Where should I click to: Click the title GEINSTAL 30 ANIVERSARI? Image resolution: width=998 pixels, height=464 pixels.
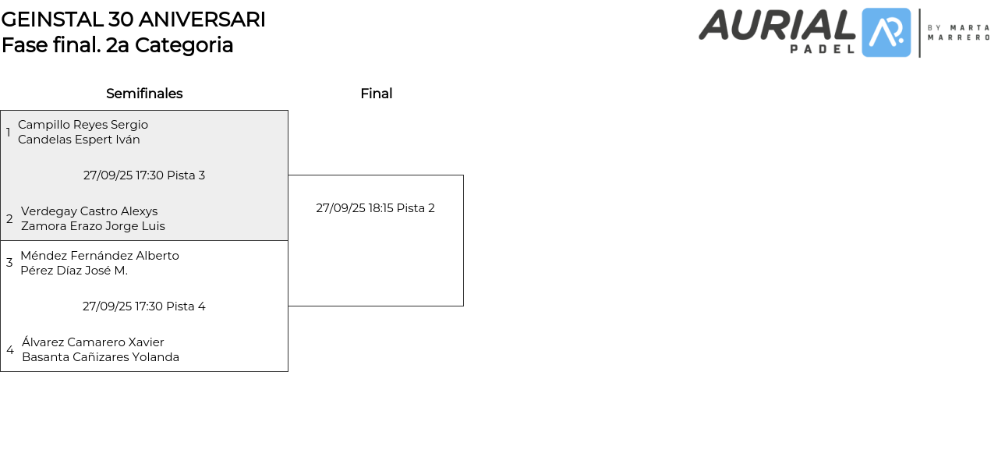133,19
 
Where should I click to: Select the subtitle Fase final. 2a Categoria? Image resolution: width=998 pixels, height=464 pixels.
117,45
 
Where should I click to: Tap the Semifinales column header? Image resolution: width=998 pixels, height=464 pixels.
144,94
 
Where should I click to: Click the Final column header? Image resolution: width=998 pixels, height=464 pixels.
377,94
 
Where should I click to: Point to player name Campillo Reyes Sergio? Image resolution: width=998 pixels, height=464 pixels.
83,125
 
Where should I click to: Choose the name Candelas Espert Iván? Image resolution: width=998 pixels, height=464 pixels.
79,140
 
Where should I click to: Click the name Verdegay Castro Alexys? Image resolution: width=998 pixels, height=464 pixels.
89,211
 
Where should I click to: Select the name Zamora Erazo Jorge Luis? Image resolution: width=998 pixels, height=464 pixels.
93,226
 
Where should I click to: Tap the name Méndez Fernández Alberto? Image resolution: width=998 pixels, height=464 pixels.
100,256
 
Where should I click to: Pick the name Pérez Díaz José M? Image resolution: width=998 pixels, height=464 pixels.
74,271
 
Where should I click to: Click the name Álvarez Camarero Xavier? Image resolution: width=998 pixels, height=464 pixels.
93,342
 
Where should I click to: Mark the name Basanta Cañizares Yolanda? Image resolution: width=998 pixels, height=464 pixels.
101,357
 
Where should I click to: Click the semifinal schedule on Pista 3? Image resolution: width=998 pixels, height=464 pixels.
144,175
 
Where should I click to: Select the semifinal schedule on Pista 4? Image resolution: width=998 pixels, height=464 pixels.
144,306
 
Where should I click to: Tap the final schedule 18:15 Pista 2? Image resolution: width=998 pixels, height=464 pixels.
375,208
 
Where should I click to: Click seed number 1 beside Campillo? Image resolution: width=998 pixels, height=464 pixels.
9,133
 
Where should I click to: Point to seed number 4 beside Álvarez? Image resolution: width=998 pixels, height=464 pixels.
10,350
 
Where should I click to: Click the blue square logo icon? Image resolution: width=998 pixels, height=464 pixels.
887,33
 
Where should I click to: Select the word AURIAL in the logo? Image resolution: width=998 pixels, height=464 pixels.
777,26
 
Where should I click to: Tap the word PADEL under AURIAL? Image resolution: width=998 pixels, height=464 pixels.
823,48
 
